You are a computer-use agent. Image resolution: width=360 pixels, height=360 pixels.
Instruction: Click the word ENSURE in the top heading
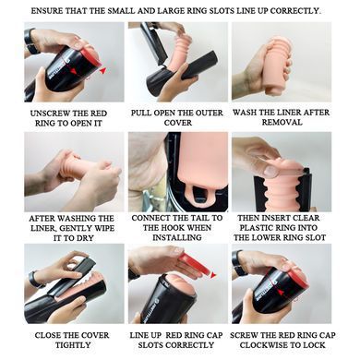tap(43, 11)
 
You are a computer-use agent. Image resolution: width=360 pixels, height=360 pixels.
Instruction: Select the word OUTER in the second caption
tap(208, 113)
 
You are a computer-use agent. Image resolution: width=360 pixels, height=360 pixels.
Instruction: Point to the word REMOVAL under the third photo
tap(282, 123)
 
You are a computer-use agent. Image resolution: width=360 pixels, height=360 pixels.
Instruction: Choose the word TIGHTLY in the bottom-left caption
tap(73, 345)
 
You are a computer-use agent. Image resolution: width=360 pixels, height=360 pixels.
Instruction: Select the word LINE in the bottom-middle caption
tap(138, 335)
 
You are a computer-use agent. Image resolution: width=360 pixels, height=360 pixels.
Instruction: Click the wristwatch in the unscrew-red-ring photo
tap(30, 41)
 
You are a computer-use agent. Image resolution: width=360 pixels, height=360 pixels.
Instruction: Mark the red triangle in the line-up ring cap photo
tap(213, 275)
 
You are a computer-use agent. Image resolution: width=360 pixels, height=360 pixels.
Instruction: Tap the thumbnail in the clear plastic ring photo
tap(270, 171)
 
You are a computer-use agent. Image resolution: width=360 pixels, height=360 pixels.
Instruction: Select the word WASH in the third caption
tap(244, 113)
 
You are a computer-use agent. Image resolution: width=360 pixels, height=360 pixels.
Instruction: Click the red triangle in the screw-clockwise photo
tap(281, 292)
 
